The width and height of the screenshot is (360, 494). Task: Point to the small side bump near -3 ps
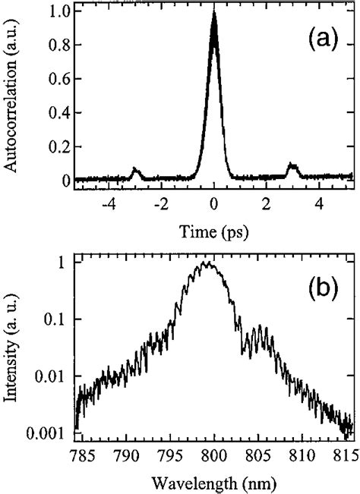(136, 170)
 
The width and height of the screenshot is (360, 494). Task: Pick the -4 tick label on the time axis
(108, 204)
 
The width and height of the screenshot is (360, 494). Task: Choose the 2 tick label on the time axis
(267, 204)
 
